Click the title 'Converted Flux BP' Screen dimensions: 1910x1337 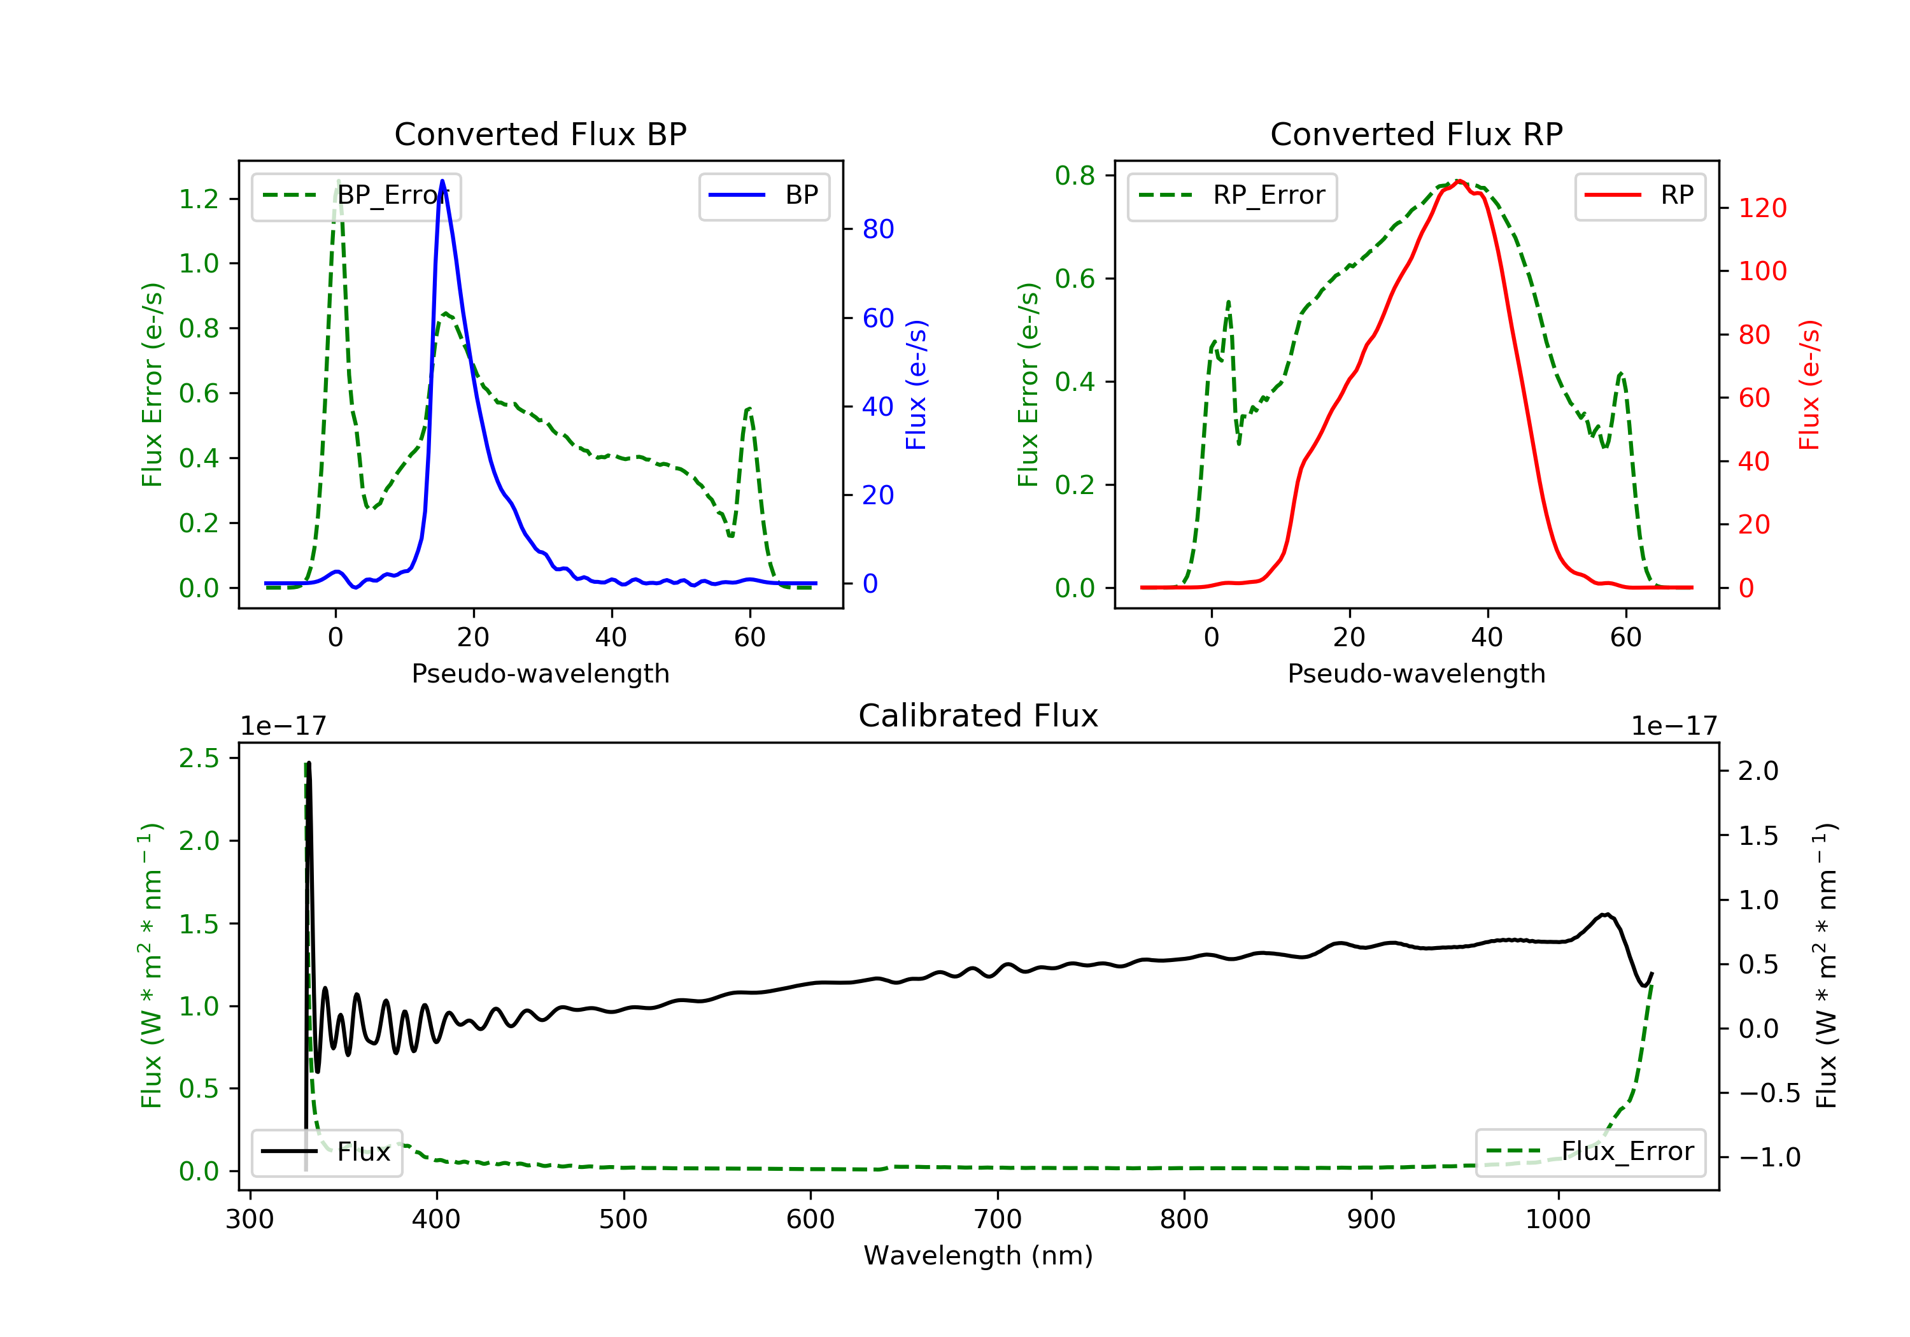point(540,134)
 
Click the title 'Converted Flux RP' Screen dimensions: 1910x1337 point(1416,134)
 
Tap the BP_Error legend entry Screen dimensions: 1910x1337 point(356,195)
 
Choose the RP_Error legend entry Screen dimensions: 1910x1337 point(1232,195)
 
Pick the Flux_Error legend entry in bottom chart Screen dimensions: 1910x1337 point(1590,1152)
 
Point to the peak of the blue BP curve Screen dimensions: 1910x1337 point(442,181)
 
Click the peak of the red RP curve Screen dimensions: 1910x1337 point(1459,181)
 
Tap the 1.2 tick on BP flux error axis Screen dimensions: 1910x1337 point(199,199)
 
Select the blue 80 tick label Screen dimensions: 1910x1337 point(877,229)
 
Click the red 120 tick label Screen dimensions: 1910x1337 point(1762,208)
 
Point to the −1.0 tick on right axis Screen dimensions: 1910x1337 point(1769,1157)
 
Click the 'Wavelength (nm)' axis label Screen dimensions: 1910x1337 point(979,1256)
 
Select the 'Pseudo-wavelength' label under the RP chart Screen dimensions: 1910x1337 point(1416,673)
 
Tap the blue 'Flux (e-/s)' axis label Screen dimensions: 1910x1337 point(916,385)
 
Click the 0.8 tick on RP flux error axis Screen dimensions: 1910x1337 point(1075,176)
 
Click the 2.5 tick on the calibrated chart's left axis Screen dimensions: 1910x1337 point(199,758)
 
